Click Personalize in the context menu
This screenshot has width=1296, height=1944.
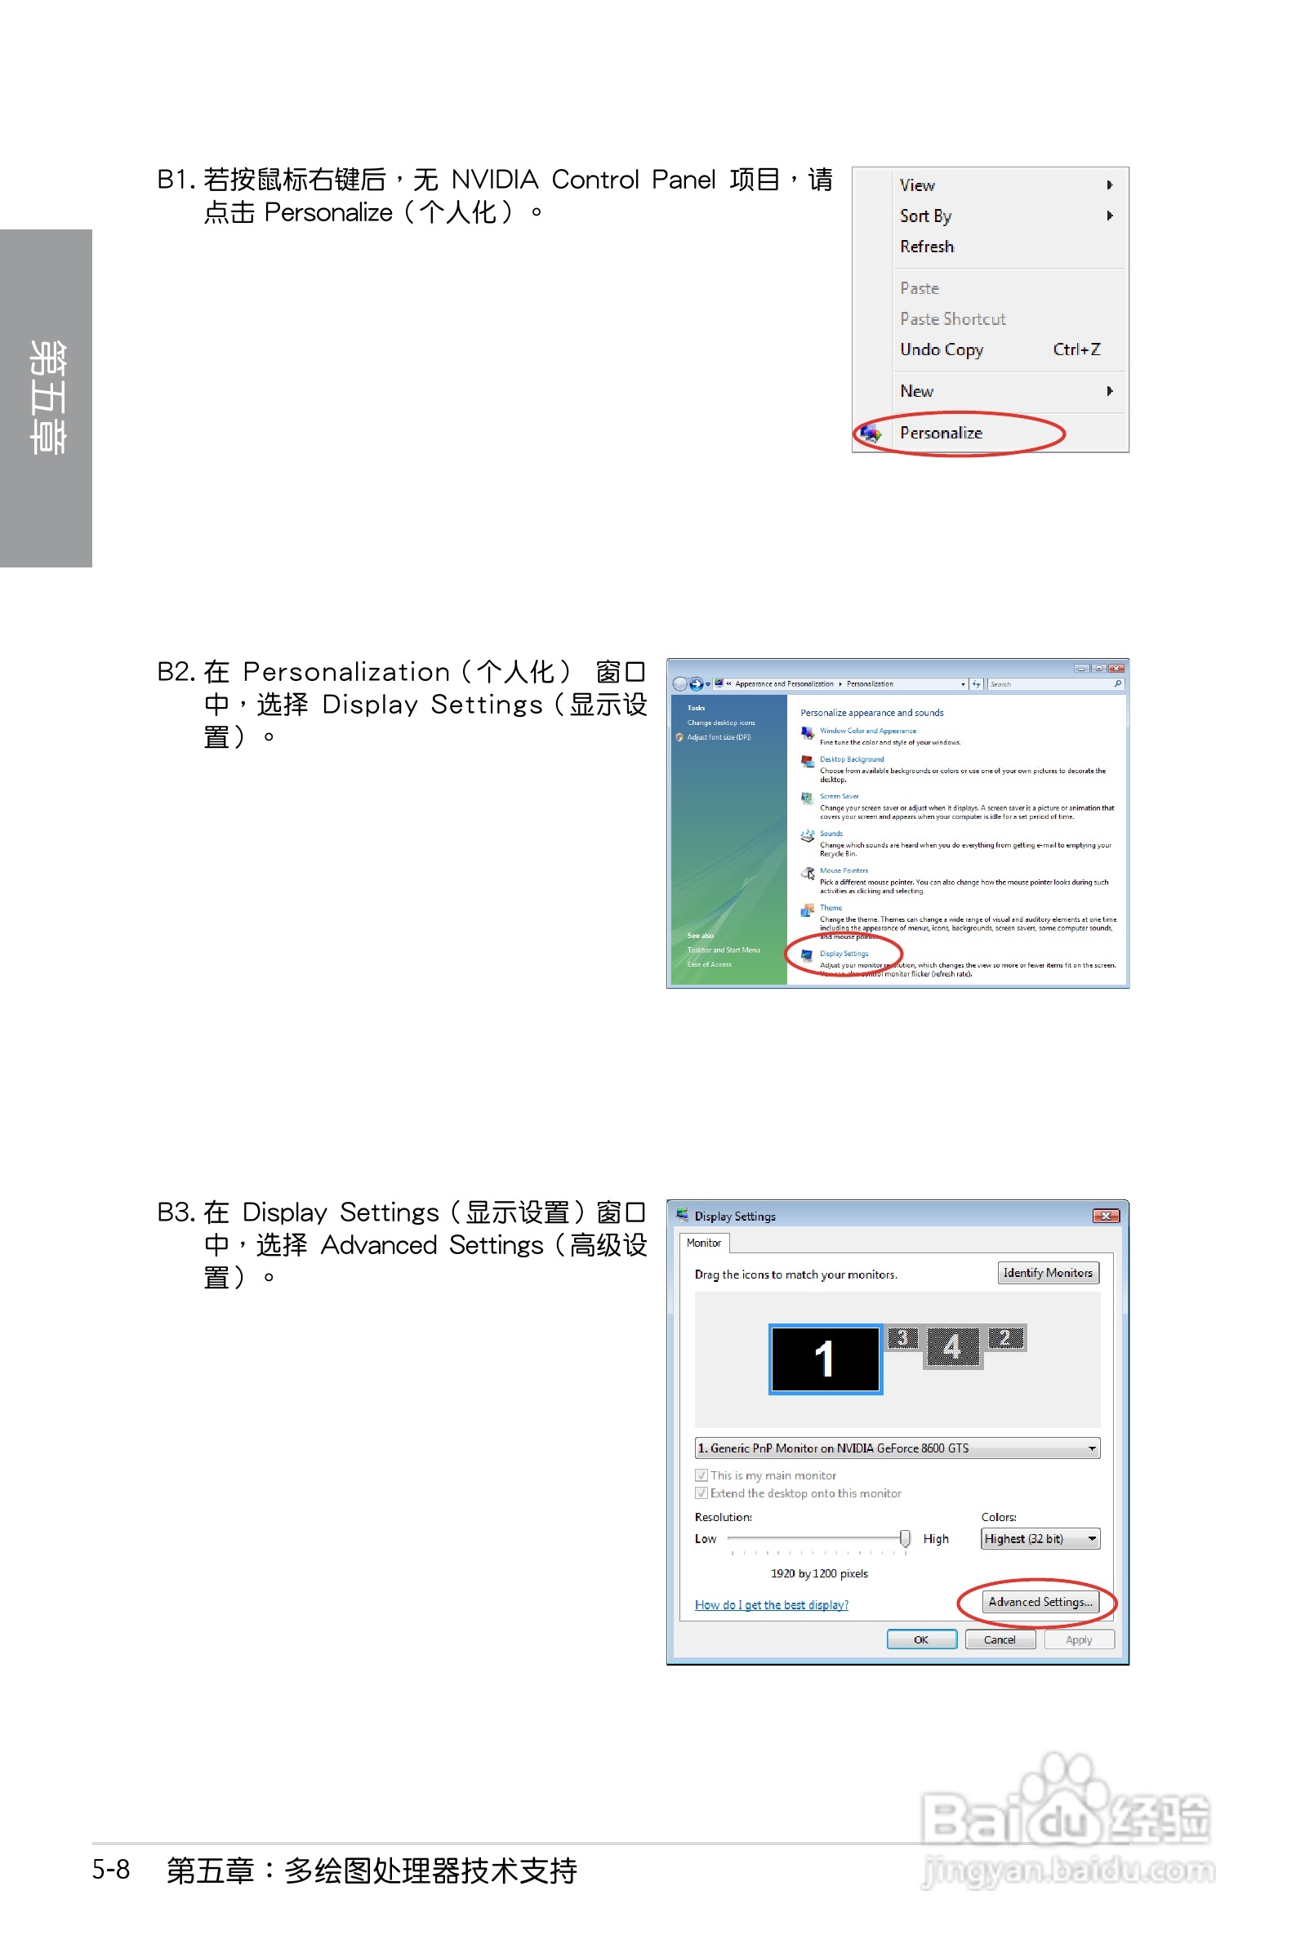point(941,433)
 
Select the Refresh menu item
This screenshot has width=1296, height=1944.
point(927,247)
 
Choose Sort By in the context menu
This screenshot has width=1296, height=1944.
point(926,216)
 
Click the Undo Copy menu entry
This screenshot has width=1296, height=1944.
point(942,350)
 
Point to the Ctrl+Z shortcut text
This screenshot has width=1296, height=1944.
point(1076,350)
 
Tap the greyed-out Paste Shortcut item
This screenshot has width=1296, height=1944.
point(952,320)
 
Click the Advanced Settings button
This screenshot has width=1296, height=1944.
point(1040,1602)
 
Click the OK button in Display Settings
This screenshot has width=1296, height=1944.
point(920,1640)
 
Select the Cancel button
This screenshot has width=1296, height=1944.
point(1000,1640)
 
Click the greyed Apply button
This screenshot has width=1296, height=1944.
point(1078,1640)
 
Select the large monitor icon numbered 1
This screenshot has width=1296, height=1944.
point(825,1359)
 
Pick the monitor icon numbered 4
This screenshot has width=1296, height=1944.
point(952,1347)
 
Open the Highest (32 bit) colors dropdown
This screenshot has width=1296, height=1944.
point(1040,1539)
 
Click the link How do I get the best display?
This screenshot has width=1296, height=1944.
point(771,1605)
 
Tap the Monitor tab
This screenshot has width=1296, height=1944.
point(703,1243)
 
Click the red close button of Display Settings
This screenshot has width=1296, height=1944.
point(1105,1217)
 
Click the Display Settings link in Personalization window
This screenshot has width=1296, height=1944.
point(843,954)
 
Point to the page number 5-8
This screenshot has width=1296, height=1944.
point(111,1870)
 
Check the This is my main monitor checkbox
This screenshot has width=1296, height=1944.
point(701,1475)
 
